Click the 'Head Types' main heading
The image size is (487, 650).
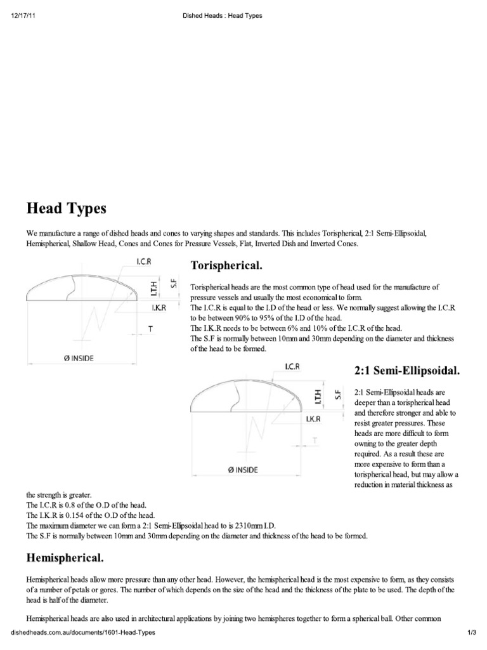(x=67, y=208)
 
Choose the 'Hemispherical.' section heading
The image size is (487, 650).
(x=65, y=558)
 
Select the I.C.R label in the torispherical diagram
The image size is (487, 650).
(x=144, y=261)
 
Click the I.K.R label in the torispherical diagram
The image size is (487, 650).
(x=159, y=308)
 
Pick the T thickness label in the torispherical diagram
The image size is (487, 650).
(x=150, y=329)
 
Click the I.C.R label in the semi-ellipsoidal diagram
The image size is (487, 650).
(x=292, y=366)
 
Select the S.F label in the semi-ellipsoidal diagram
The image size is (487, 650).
(x=339, y=394)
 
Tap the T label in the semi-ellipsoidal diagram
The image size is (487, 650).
(x=315, y=440)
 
